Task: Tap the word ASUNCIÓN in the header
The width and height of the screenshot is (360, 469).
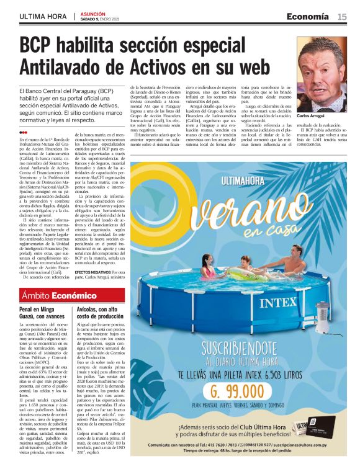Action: (x=91, y=13)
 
